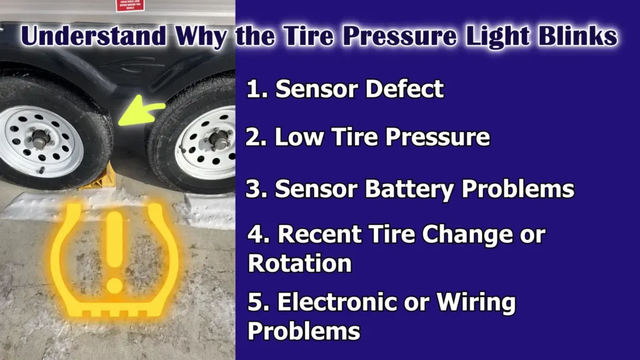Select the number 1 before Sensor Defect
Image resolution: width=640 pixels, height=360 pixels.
click(252, 89)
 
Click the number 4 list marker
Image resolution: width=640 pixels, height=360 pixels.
click(255, 235)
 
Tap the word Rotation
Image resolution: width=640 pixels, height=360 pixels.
click(300, 263)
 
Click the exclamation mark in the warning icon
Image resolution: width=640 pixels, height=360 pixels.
click(114, 250)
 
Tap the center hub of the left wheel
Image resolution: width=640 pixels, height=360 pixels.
click(39, 139)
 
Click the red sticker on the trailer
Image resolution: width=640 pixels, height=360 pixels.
click(129, 6)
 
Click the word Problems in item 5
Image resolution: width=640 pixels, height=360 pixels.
click(304, 331)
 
